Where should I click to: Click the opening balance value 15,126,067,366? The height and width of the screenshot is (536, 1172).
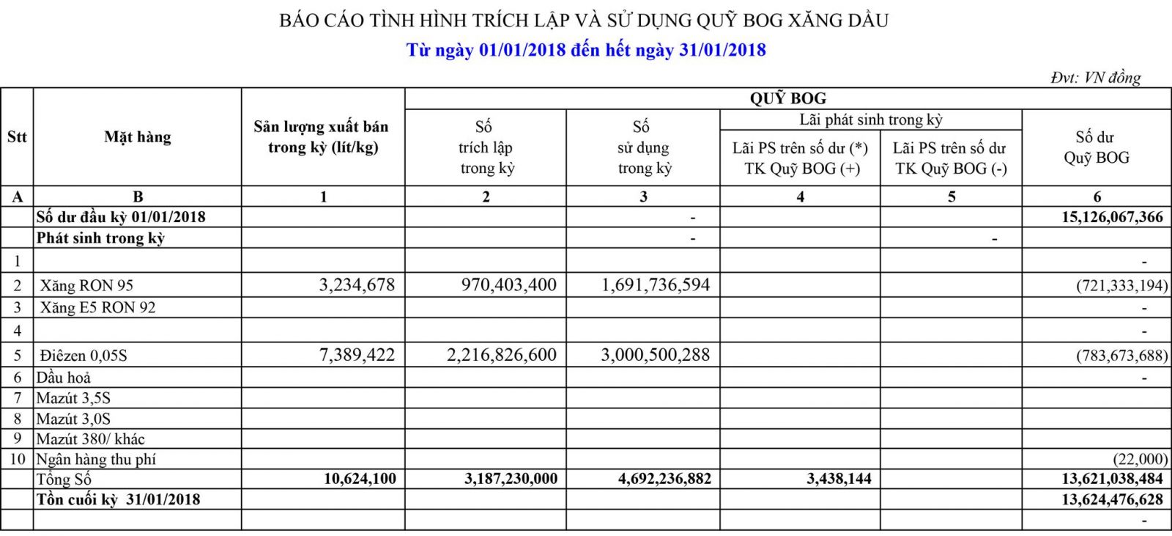point(1112,217)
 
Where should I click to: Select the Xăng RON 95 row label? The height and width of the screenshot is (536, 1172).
point(86,286)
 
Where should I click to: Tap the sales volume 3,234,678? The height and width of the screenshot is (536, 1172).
point(357,285)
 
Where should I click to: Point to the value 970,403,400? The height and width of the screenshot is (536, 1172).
point(509,285)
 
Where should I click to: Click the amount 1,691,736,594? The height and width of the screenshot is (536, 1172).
point(656,285)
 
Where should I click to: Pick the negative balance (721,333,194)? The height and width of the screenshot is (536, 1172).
point(1121,286)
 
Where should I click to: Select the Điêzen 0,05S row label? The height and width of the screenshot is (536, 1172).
point(84,356)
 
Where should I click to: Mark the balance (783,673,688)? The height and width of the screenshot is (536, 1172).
point(1121,356)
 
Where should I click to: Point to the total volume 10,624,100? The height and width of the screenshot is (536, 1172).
point(360,480)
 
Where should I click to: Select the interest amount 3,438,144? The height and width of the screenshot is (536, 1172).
point(839,480)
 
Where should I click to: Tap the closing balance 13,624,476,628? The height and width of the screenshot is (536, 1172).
point(1112,499)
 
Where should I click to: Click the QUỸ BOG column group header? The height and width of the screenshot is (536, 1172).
point(787,98)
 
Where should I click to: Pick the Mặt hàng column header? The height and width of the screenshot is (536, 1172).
point(138,137)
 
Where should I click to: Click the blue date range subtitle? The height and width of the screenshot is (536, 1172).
point(586,50)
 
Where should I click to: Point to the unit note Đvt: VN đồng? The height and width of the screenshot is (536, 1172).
point(1095,77)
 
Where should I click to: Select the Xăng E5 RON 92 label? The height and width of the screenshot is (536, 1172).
point(97,308)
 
